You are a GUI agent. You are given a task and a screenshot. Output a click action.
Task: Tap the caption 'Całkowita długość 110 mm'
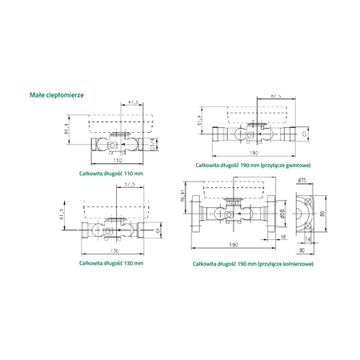(x=111, y=172)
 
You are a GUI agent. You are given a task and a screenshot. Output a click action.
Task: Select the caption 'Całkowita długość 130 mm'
(x=111, y=262)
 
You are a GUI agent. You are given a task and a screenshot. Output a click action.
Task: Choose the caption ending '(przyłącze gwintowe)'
(x=253, y=163)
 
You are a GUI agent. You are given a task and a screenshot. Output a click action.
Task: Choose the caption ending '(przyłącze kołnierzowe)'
(x=253, y=262)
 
